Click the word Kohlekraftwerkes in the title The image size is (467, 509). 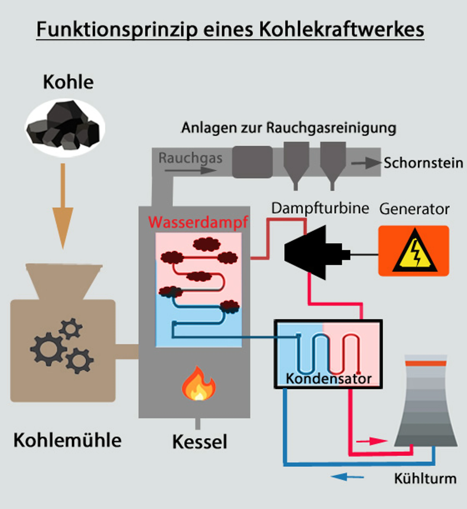tap(341, 30)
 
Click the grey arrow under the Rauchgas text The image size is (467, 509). tap(191, 170)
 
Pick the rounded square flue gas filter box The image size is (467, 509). tap(252, 162)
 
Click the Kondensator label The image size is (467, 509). tap(329, 379)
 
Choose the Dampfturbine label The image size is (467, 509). tap(320, 208)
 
